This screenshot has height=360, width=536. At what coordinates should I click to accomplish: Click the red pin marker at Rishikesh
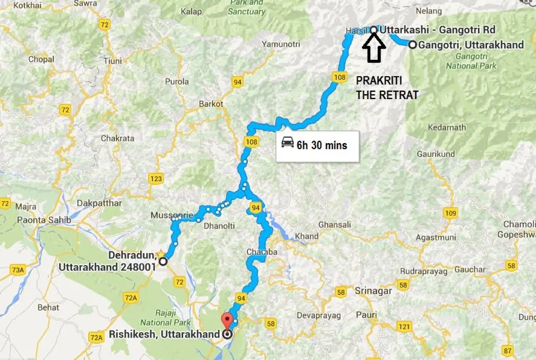227,321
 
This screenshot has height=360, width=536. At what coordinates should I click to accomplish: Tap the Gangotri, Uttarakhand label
473,44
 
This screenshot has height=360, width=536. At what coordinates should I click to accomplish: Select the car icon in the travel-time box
287,143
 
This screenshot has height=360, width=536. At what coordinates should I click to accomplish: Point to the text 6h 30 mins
321,146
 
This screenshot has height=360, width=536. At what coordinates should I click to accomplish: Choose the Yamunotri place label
280,44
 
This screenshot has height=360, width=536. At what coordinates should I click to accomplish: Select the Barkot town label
211,104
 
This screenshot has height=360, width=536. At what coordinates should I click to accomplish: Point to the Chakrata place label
117,138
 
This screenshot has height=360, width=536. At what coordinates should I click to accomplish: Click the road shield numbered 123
157,179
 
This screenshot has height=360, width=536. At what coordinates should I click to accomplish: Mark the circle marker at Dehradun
163,262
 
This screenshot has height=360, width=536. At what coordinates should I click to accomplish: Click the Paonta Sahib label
44,220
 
